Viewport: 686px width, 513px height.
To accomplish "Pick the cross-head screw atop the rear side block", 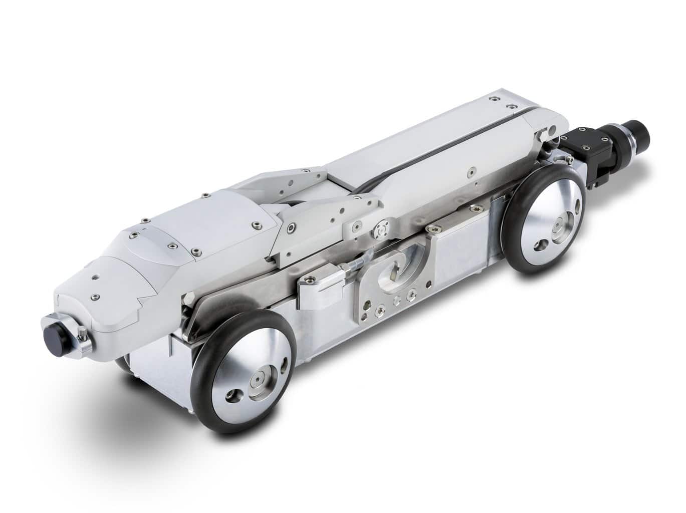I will click(x=430, y=228).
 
